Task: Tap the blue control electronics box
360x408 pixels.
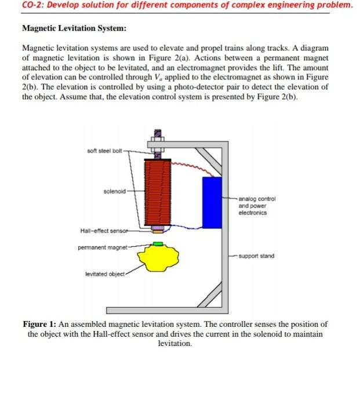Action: pyautogui.click(x=212, y=202)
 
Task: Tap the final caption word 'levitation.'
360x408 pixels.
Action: pyautogui.click(x=174, y=344)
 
